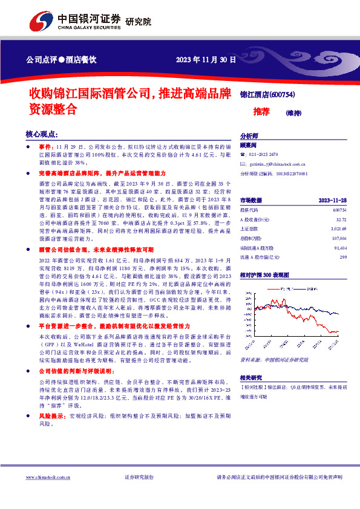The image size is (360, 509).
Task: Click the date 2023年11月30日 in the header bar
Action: (x=206, y=59)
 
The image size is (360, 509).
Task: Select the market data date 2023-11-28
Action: (x=332, y=200)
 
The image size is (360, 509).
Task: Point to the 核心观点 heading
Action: (x=41, y=134)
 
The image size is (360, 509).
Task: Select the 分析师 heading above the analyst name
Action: (x=249, y=136)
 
